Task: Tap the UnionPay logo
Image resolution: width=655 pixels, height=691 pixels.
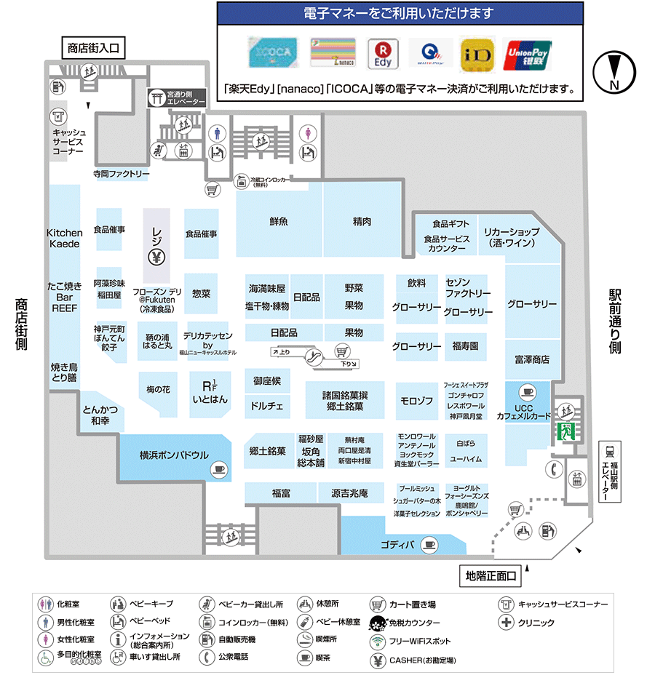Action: (528, 54)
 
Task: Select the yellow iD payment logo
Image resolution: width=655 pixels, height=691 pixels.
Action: (478, 53)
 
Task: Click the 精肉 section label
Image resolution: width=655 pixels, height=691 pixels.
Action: (362, 220)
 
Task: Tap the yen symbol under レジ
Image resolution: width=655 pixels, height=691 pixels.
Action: (156, 256)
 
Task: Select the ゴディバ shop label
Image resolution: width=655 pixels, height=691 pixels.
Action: (397, 545)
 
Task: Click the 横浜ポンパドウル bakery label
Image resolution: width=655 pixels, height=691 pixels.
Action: (174, 455)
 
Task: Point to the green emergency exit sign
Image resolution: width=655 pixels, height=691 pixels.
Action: (564, 431)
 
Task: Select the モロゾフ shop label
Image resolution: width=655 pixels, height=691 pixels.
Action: (416, 401)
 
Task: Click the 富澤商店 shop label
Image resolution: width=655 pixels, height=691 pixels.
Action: (531, 359)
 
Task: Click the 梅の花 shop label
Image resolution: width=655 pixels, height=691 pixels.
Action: (157, 390)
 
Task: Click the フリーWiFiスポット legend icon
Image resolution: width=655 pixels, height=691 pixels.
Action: (377, 642)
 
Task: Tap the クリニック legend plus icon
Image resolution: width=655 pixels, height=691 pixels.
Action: (506, 623)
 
